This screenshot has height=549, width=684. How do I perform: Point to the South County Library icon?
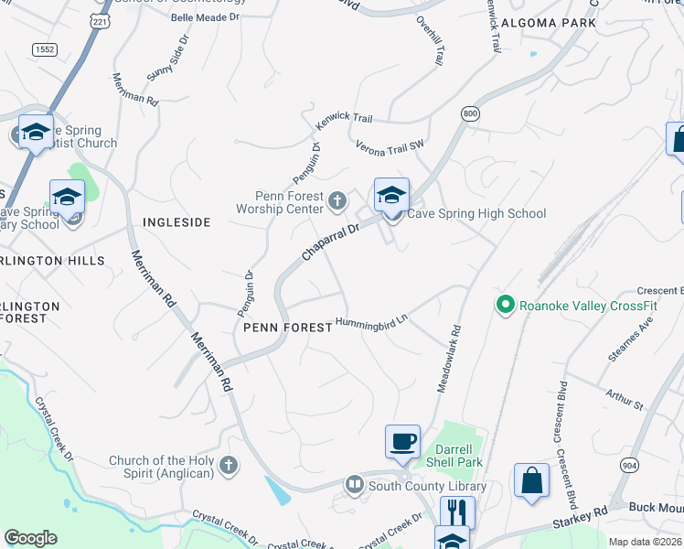354,484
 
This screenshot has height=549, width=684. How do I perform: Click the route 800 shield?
470,113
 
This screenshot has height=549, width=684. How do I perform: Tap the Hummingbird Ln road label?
371,322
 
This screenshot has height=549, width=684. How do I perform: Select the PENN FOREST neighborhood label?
285,327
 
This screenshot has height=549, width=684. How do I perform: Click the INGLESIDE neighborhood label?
176,222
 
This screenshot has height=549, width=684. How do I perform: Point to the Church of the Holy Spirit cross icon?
229,467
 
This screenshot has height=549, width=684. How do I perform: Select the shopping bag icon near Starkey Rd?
531,479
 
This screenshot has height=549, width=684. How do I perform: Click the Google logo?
30,537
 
